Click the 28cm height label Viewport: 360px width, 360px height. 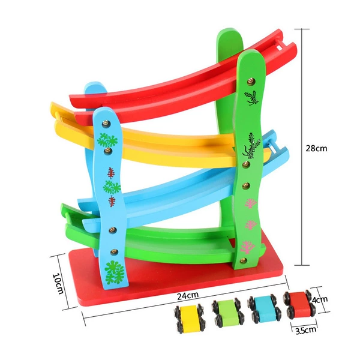[316, 148]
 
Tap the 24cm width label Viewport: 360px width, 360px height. [188, 295]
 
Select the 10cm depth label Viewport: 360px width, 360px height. [58, 284]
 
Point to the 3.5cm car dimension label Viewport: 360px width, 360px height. [305, 330]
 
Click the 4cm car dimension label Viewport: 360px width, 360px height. [320, 299]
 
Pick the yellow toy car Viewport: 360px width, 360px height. [190, 319]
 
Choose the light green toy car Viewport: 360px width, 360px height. [228, 312]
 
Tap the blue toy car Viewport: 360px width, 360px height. [264, 309]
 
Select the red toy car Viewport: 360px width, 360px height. [299, 305]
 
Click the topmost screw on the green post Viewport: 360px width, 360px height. [251, 81]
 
